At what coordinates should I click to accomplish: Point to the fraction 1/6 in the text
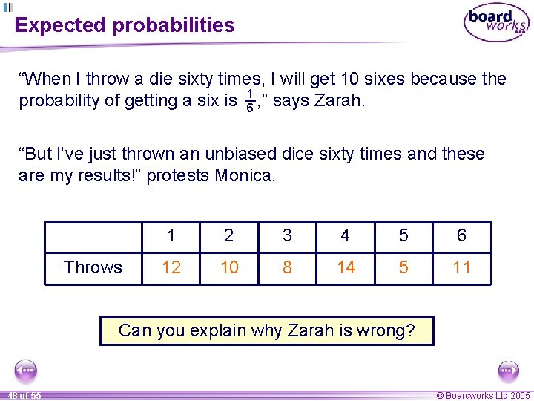click(x=250, y=101)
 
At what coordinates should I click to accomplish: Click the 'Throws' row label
click(x=93, y=267)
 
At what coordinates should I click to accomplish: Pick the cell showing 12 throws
click(x=171, y=267)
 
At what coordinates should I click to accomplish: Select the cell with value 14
click(x=346, y=267)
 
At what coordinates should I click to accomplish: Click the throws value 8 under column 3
click(x=287, y=267)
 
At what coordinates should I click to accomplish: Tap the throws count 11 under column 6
click(x=461, y=267)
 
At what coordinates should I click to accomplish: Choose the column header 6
click(x=461, y=236)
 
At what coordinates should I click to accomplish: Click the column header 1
click(x=171, y=236)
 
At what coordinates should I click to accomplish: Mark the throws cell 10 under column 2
click(x=229, y=267)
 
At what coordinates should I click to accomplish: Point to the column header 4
click(x=346, y=236)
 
